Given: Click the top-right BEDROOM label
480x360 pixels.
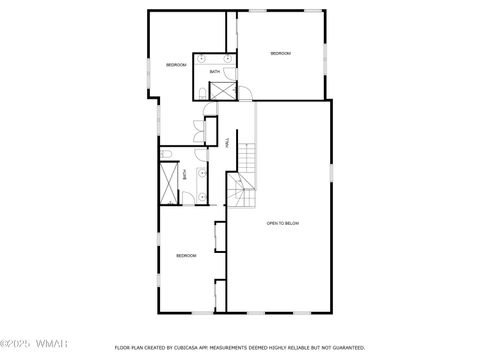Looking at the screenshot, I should click(280, 53).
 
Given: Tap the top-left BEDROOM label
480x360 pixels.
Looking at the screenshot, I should click(176, 65).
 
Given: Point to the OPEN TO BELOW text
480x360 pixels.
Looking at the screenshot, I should click(283, 223).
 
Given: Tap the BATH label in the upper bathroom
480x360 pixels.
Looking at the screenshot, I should click(215, 72).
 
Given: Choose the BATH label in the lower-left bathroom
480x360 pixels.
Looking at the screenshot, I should click(185, 174).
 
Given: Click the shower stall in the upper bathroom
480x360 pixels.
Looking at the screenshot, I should click(220, 91).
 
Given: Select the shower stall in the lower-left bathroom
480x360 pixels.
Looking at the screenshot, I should click(168, 181).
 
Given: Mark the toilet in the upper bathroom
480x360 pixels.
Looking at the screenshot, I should click(203, 93).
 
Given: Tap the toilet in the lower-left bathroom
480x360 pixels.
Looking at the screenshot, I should click(169, 152).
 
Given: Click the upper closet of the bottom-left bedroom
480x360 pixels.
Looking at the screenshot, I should click(219, 236).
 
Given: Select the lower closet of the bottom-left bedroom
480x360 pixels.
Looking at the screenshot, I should click(220, 295).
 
